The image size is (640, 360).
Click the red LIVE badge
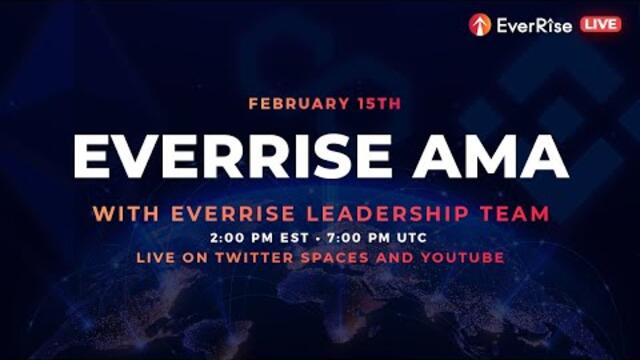coord(601,24)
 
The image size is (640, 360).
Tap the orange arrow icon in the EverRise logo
coord(480,25)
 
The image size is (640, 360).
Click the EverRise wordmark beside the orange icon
coord(534,25)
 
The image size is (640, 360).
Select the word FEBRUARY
coord(289,103)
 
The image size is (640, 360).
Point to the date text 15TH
coord(367,103)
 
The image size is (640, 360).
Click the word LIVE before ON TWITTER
coord(158,257)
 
